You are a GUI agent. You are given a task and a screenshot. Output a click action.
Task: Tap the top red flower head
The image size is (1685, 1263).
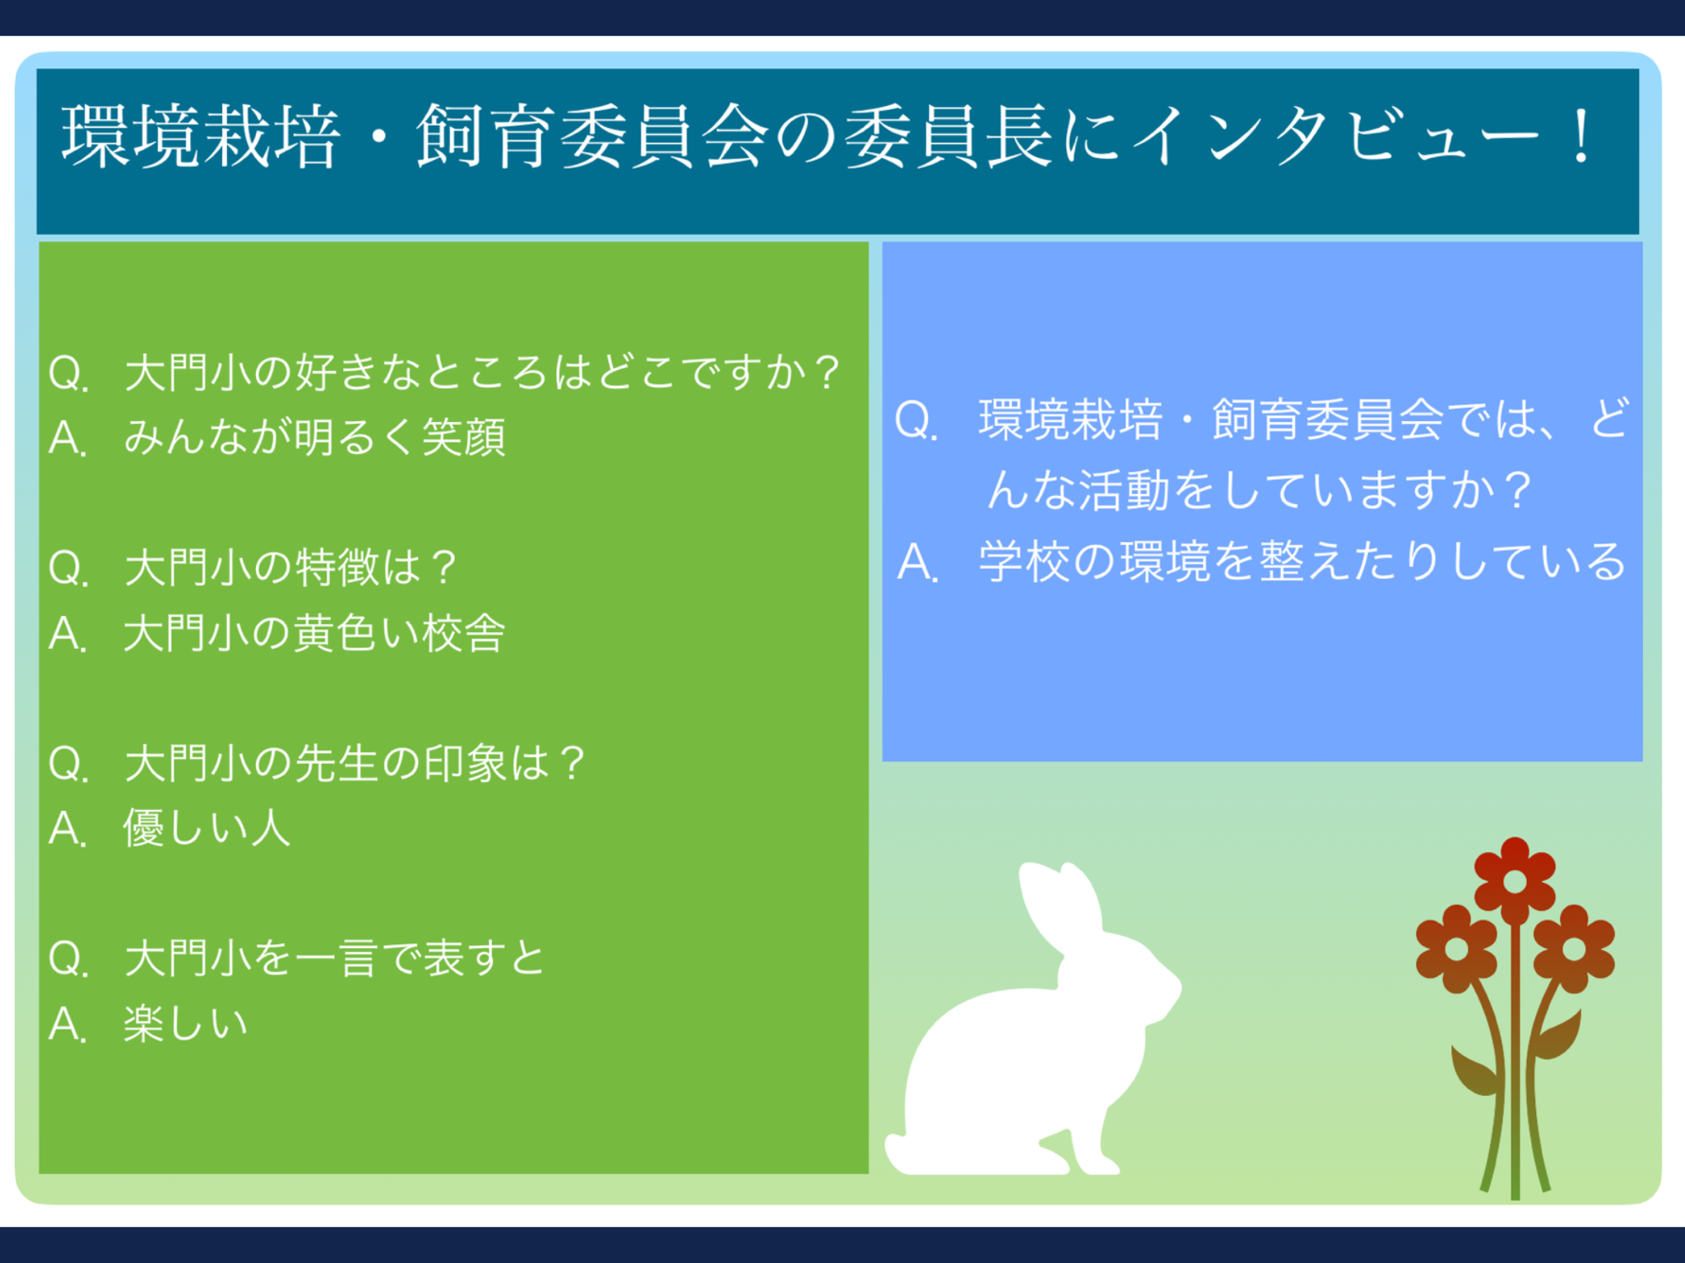click(x=1515, y=881)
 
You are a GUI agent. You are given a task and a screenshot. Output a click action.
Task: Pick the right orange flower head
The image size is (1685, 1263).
click(x=1574, y=949)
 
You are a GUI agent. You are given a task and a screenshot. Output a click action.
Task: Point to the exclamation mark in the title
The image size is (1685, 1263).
click(x=1581, y=136)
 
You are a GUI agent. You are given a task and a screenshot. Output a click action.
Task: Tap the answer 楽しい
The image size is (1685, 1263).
click(x=186, y=1024)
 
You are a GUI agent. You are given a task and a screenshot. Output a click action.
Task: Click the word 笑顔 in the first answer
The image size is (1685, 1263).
click(x=464, y=437)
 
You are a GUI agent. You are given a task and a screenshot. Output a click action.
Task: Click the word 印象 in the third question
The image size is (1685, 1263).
click(x=465, y=762)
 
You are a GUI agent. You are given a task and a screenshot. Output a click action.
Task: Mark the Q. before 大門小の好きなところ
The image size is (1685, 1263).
click(x=68, y=372)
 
